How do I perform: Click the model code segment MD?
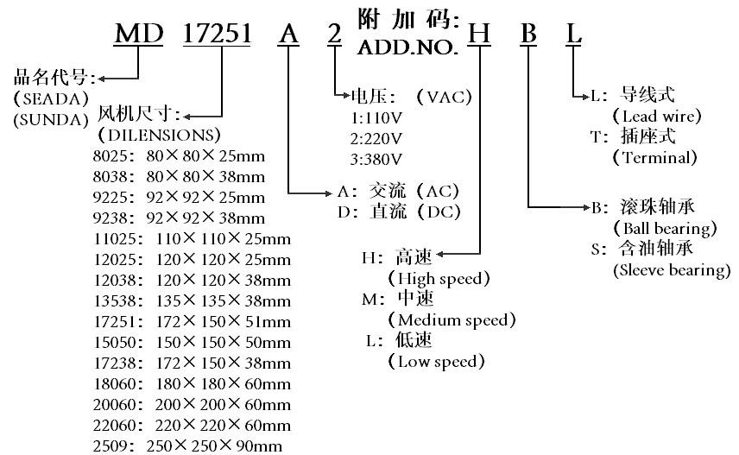(x=139, y=34)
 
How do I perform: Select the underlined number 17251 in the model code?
(x=217, y=34)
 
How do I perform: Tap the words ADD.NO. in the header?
(x=407, y=47)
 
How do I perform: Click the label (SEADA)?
(x=52, y=98)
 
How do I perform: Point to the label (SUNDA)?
(x=52, y=119)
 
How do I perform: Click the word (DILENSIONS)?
(x=160, y=136)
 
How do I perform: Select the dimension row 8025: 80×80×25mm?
(x=179, y=155)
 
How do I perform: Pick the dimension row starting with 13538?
(x=192, y=300)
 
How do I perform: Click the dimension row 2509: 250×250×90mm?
(x=187, y=446)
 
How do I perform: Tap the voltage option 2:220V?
(x=376, y=139)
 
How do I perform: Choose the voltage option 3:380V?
(x=376, y=160)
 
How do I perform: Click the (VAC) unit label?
(x=444, y=97)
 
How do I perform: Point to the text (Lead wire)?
(x=657, y=116)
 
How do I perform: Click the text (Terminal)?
(x=654, y=157)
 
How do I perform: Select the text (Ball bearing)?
(x=665, y=228)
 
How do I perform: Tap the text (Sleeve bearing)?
(x=672, y=269)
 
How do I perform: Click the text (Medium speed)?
(x=452, y=319)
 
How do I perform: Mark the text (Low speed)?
(x=436, y=361)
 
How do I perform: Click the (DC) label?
(x=439, y=212)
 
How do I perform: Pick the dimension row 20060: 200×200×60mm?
(x=192, y=405)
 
